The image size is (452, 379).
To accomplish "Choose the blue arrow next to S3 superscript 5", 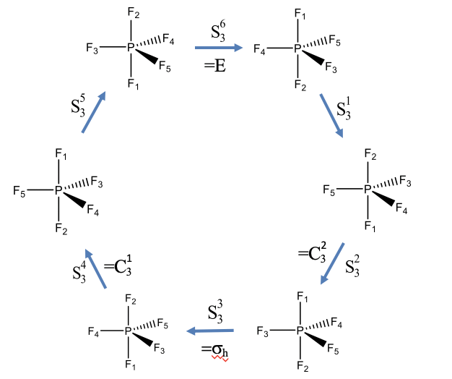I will point(94,112).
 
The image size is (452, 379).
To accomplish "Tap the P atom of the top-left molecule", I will point(131,48).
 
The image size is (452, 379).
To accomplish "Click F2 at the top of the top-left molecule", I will point(133,14).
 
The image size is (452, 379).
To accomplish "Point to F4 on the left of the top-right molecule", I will point(258,50).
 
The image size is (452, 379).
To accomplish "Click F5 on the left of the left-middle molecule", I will point(19,191).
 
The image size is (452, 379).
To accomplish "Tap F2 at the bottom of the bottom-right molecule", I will point(302,368).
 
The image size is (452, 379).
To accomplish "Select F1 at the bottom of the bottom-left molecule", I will point(131,365).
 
